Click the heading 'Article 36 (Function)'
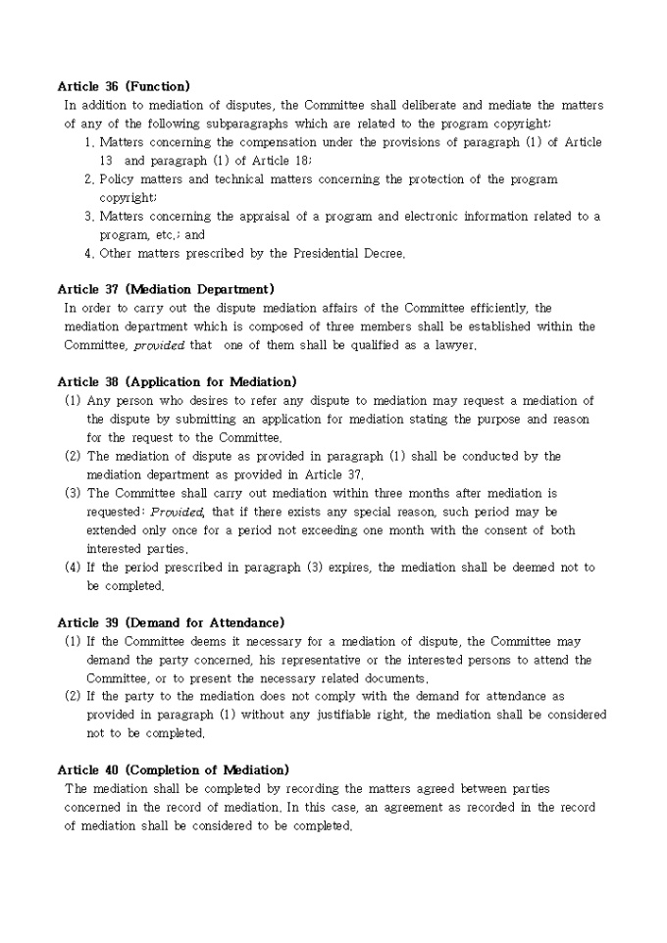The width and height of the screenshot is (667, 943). tap(124, 86)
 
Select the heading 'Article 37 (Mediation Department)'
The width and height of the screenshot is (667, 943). tap(166, 289)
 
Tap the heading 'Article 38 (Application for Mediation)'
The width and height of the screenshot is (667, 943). tap(177, 381)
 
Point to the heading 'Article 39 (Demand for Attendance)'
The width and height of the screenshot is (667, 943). tap(171, 622)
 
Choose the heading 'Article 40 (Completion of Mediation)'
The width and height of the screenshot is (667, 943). tap(173, 770)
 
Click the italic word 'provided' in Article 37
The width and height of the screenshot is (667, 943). tap(159, 345)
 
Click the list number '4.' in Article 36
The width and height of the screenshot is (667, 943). tap(89, 253)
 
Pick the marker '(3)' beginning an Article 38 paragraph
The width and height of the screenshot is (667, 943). tap(73, 493)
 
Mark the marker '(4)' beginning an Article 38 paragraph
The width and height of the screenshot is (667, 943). tap(73, 568)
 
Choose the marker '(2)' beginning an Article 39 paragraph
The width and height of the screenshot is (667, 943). tap(73, 696)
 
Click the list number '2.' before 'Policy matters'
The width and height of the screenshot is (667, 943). tap(89, 179)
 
